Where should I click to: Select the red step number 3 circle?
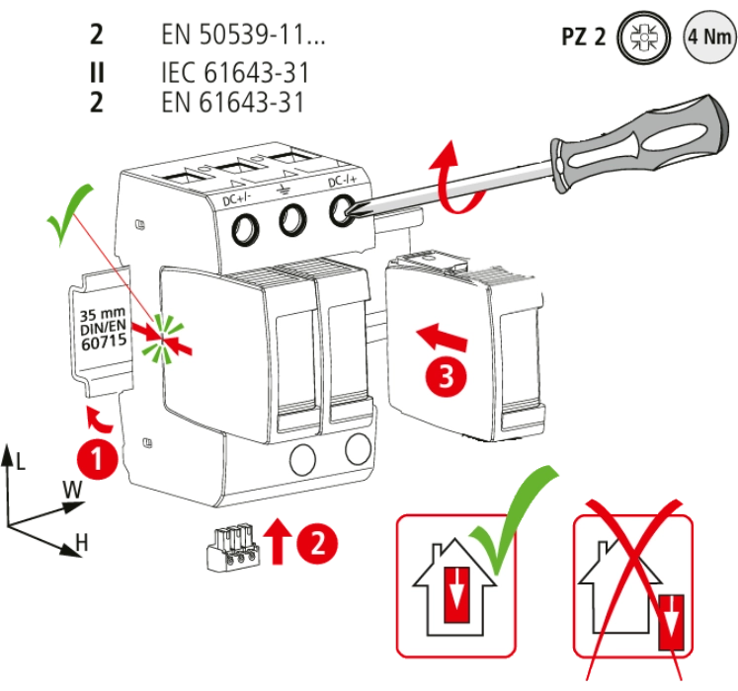pyautogui.click(x=445, y=376)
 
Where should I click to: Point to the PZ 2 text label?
pyautogui.click(x=583, y=38)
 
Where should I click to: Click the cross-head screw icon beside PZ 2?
pyautogui.click(x=642, y=38)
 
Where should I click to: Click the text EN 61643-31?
pyautogui.click(x=231, y=102)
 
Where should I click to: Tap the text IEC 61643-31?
pyautogui.click(x=233, y=71)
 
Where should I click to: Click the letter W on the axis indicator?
pyautogui.click(x=71, y=488)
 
